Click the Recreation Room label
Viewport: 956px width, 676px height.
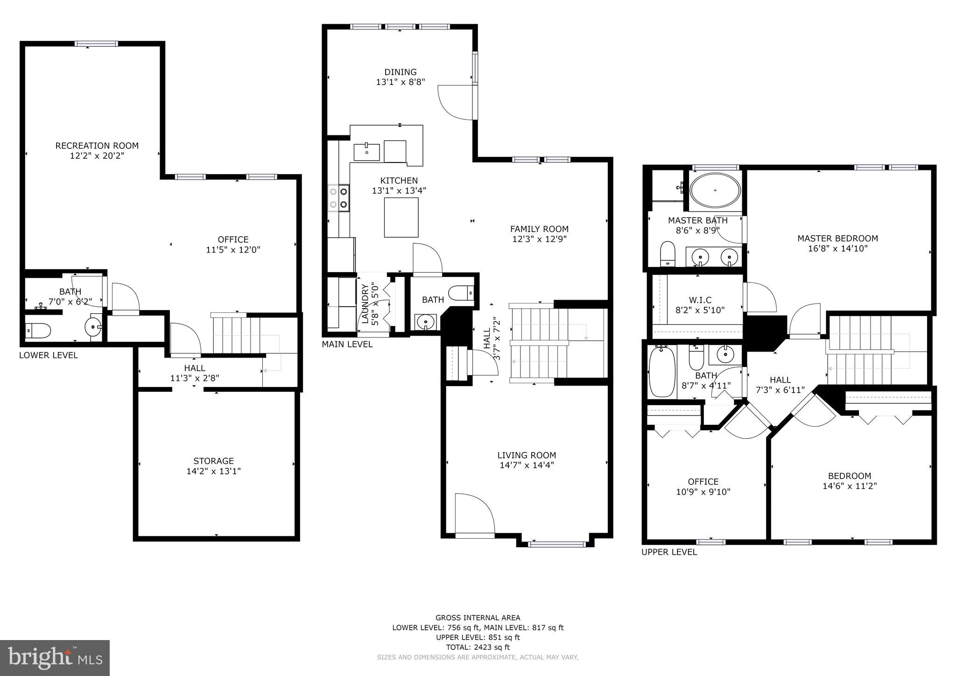(x=97, y=146)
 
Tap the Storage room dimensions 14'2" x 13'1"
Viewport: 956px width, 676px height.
(x=213, y=471)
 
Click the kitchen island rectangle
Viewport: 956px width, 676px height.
(x=401, y=218)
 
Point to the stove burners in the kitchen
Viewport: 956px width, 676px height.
(x=338, y=197)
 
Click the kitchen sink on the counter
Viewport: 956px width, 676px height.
(x=366, y=152)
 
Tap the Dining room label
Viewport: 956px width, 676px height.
(x=401, y=72)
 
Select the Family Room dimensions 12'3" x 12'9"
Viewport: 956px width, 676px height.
(x=539, y=239)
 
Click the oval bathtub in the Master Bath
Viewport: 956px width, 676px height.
(x=715, y=191)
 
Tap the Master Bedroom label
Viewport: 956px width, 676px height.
(x=837, y=238)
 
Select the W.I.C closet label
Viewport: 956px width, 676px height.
(x=700, y=300)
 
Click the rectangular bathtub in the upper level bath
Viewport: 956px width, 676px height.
(x=662, y=371)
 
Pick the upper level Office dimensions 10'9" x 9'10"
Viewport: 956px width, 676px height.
(x=703, y=492)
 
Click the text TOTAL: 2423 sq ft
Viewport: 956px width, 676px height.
(x=478, y=647)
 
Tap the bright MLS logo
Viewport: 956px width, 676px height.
(x=55, y=658)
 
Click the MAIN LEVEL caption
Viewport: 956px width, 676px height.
(x=347, y=345)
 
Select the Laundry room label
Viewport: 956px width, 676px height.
(x=365, y=304)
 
